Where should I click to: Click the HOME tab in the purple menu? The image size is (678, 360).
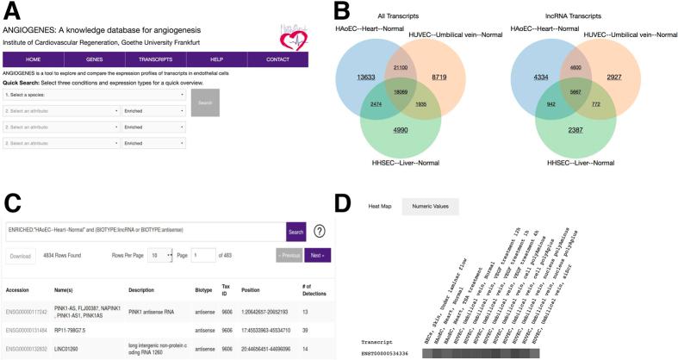pyautogui.click(x=33, y=59)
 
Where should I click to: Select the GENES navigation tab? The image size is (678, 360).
pyautogui.click(x=95, y=59)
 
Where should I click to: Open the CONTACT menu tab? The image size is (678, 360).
pyautogui.click(x=277, y=59)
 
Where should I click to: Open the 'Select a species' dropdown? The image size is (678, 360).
pyautogui.click(x=95, y=95)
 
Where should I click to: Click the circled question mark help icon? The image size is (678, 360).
pyautogui.click(x=319, y=231)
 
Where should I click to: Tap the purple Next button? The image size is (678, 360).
pyautogui.click(x=317, y=256)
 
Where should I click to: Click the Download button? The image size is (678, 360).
pyautogui.click(x=21, y=256)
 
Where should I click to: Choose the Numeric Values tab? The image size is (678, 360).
pyautogui.click(x=428, y=207)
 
